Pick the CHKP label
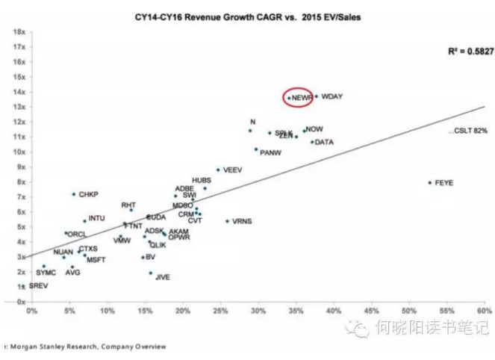pos(88,194)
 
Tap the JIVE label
pos(162,276)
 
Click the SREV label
pos(38,286)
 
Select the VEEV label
pos(233,170)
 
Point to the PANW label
pos(270,152)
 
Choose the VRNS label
pos(242,221)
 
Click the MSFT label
pos(96,259)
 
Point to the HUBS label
pos(202,180)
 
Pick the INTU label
pos(96,219)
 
